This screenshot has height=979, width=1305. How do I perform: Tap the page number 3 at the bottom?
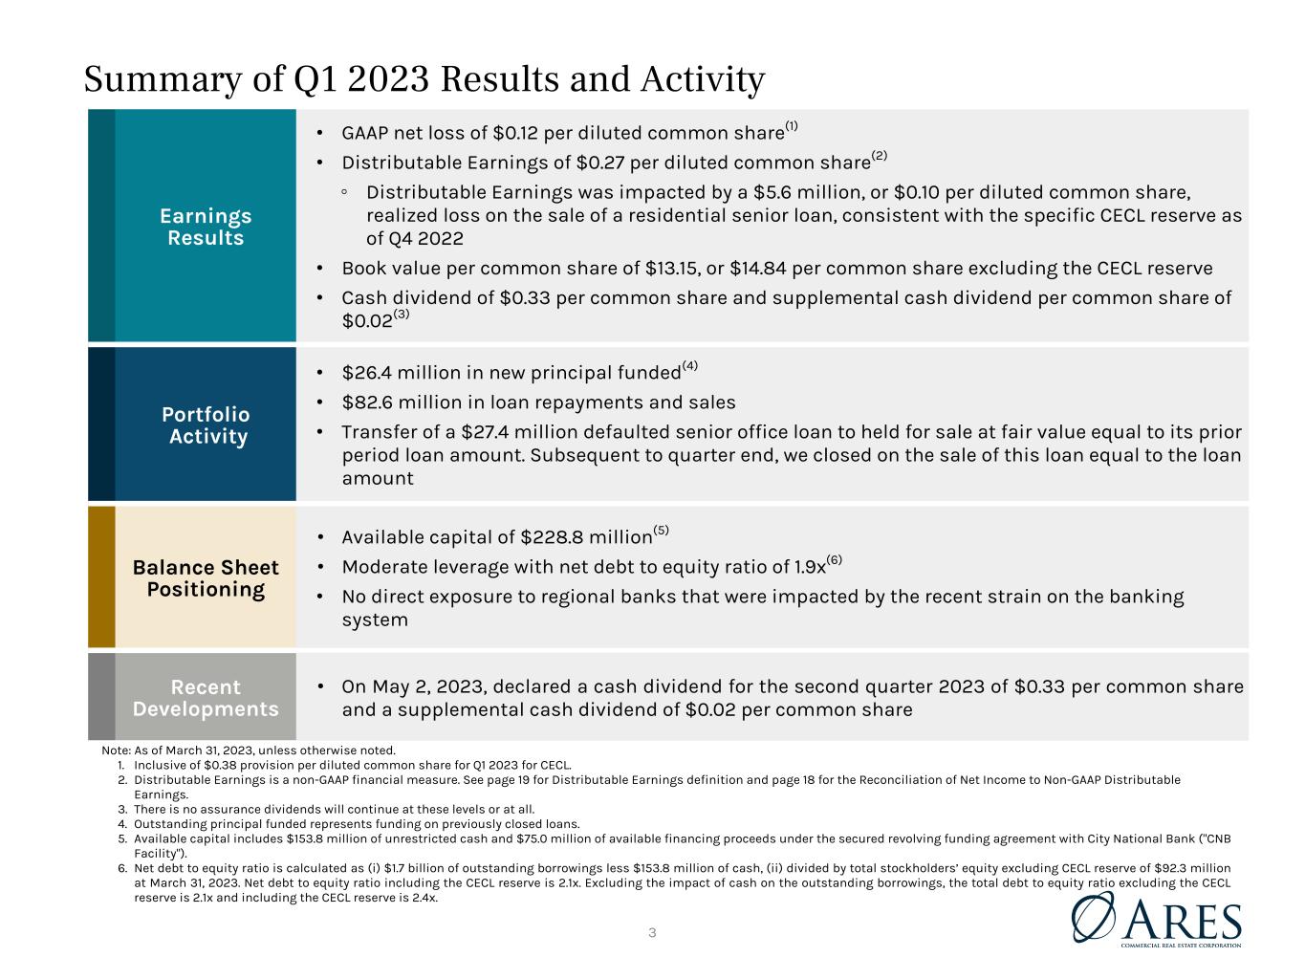(x=652, y=933)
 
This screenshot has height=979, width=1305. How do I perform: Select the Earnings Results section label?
(x=206, y=227)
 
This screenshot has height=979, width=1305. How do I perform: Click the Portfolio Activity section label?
(x=206, y=425)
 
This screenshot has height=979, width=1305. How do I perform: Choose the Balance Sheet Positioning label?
(x=206, y=577)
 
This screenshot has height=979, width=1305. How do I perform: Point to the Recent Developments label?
(x=206, y=698)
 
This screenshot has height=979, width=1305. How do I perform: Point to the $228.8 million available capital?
(x=586, y=537)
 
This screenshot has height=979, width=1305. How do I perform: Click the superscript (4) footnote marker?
(x=689, y=365)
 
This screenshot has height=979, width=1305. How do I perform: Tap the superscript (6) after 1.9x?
(x=834, y=559)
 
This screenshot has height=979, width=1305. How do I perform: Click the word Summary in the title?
(x=163, y=79)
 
